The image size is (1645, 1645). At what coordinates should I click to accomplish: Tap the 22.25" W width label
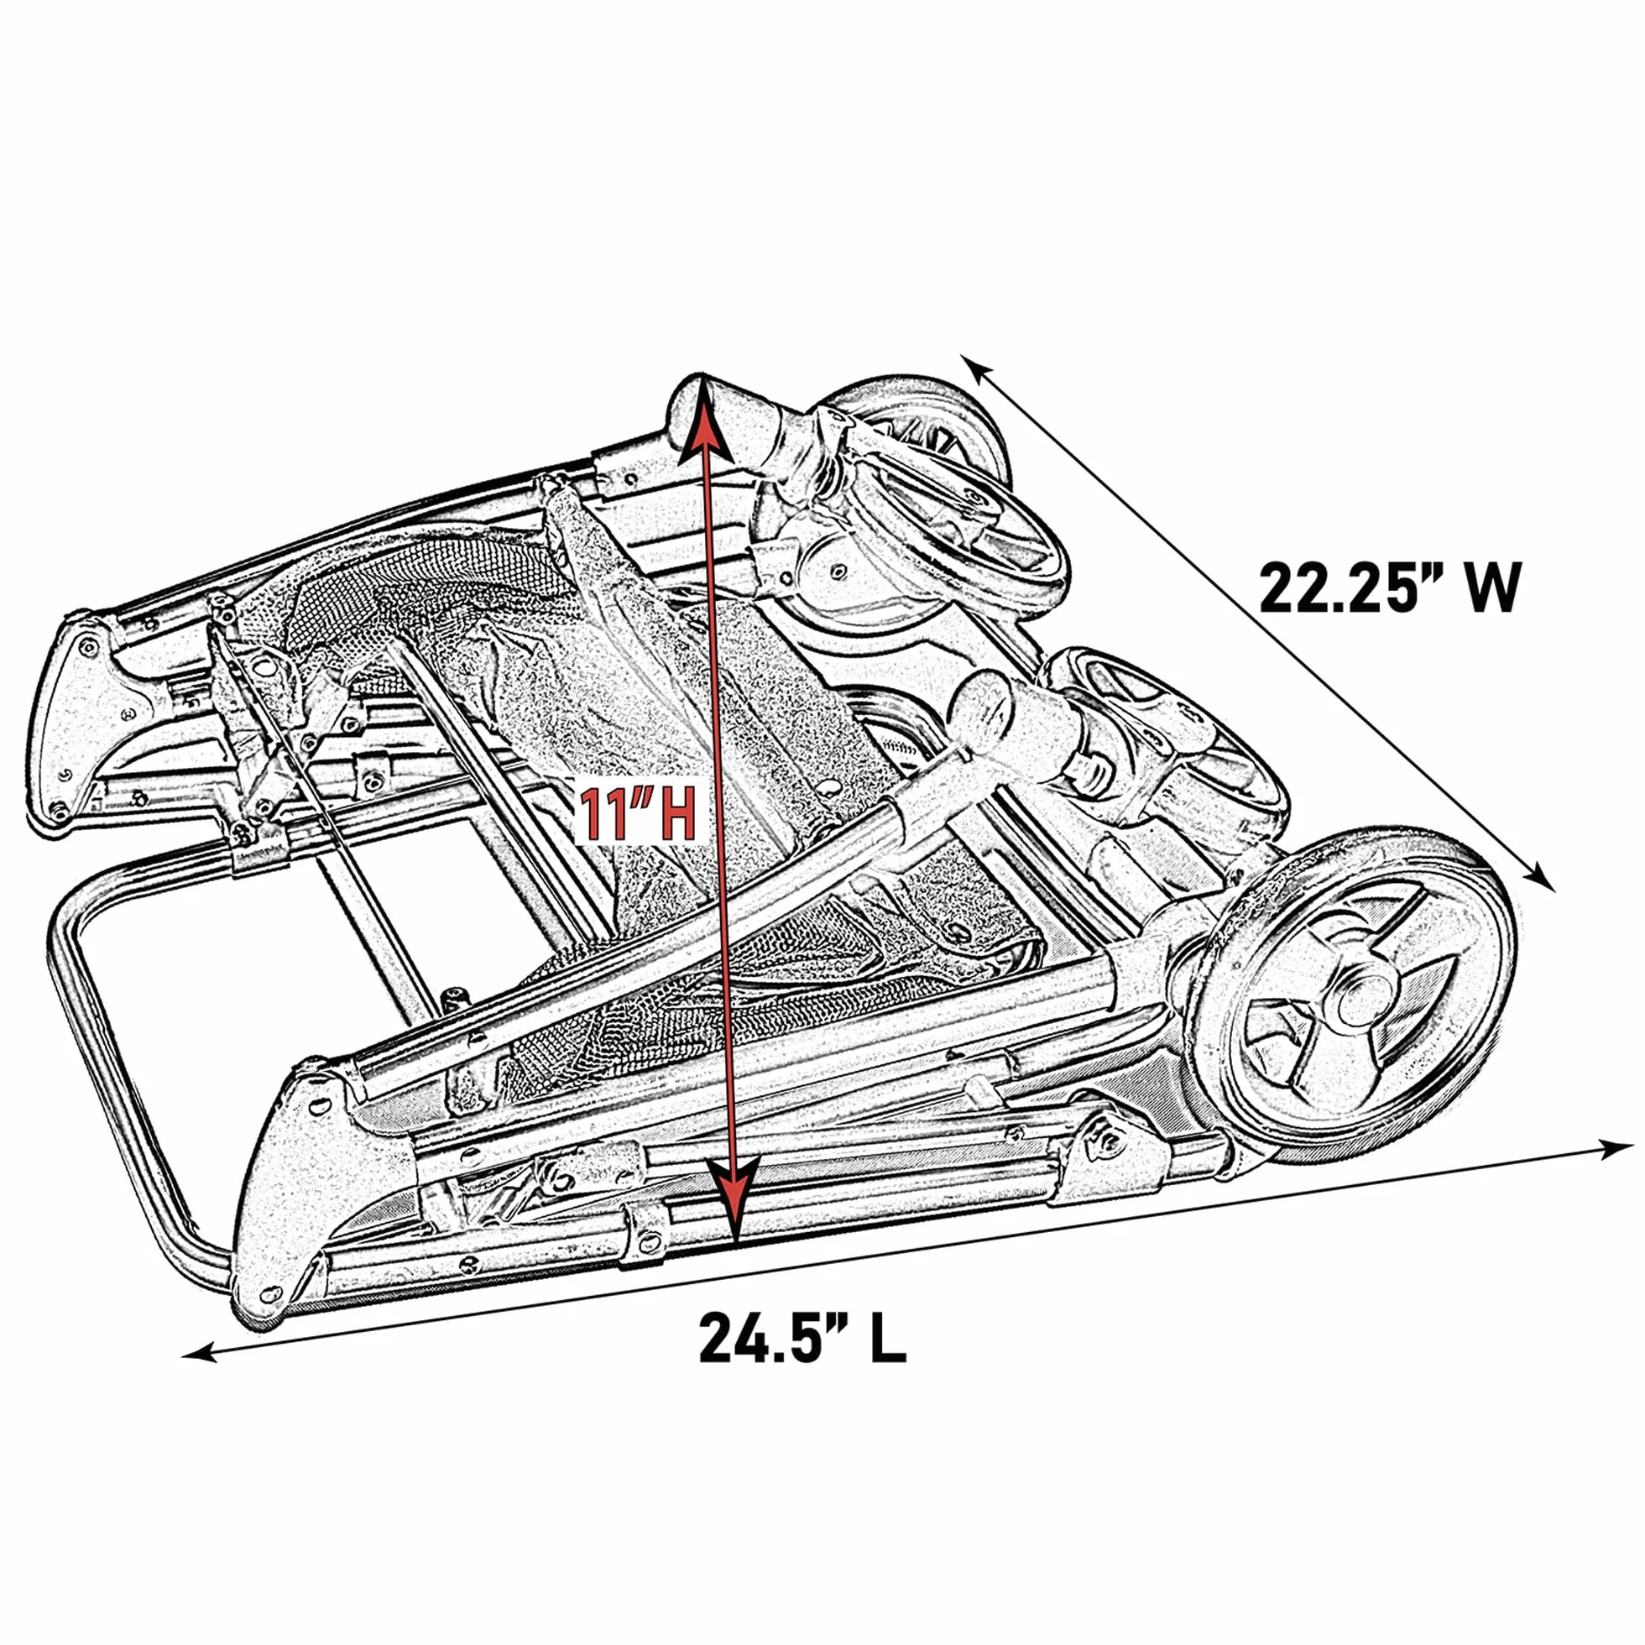pyautogui.click(x=1389, y=587)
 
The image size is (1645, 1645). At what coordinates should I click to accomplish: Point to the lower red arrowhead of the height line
pyautogui.click(x=732, y=1198)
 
